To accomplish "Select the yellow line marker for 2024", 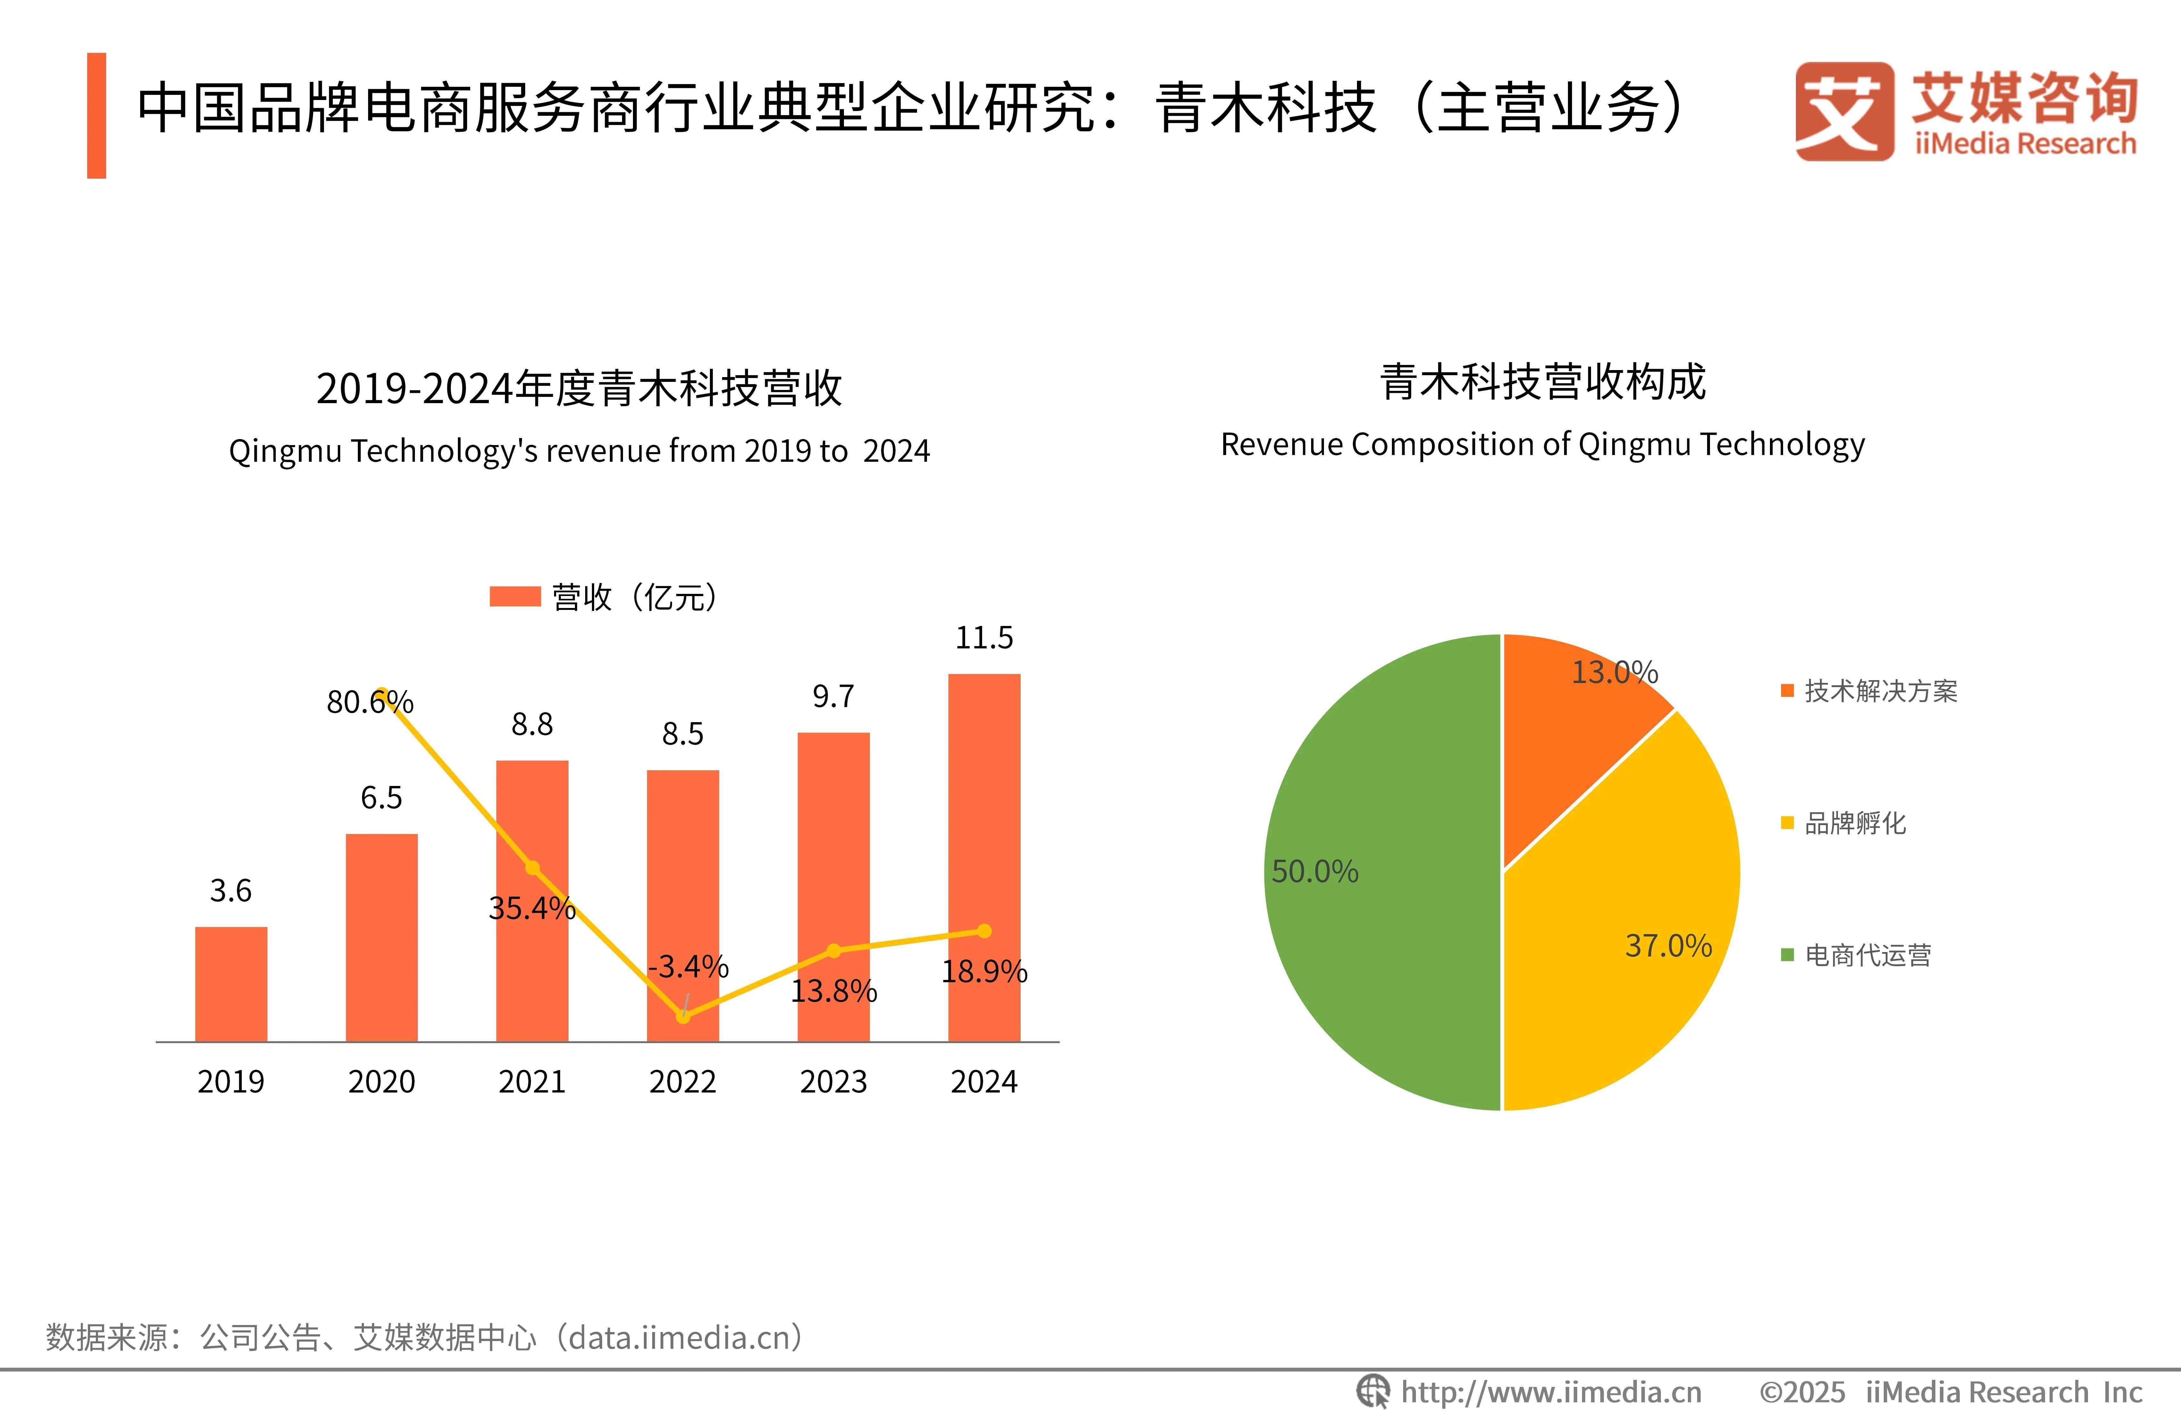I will pyautogui.click(x=984, y=931).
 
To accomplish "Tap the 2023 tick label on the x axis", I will pyautogui.click(x=833, y=1082).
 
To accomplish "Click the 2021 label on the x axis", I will pyautogui.click(x=532, y=1082).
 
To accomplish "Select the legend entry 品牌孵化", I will pyautogui.click(x=1854, y=823).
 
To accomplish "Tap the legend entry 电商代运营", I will pyautogui.click(x=1867, y=955).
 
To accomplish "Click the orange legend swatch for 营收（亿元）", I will pyautogui.click(x=515, y=597).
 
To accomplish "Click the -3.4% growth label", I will pyautogui.click(x=687, y=966).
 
